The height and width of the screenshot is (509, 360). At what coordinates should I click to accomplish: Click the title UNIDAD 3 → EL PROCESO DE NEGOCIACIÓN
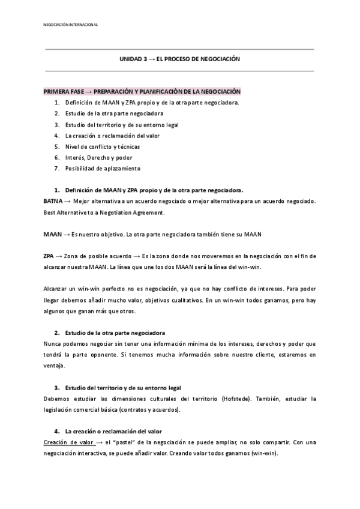179,59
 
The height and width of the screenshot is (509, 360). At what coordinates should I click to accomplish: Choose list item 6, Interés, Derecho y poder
98,157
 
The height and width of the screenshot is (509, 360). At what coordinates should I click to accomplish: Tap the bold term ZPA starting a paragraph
50,256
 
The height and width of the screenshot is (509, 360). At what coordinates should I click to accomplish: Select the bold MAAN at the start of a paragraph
52,233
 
